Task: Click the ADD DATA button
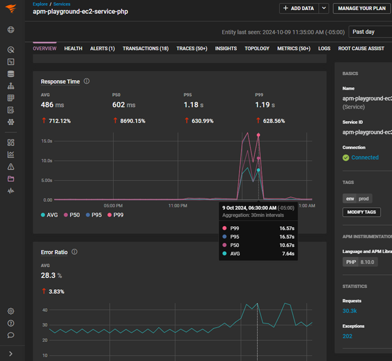click(299, 8)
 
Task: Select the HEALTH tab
click(73, 49)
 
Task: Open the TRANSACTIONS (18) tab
click(146, 49)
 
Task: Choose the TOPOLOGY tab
click(257, 49)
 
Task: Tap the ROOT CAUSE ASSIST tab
click(361, 49)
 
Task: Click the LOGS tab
click(324, 49)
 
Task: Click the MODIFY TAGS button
click(362, 213)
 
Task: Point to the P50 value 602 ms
click(124, 105)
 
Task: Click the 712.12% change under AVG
click(58, 121)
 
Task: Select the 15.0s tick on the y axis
click(47, 141)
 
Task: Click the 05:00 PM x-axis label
click(113, 205)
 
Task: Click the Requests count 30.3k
click(350, 311)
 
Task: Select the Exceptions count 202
click(347, 336)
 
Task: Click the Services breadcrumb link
click(62, 4)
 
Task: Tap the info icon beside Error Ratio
click(74, 252)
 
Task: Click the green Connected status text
click(365, 157)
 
